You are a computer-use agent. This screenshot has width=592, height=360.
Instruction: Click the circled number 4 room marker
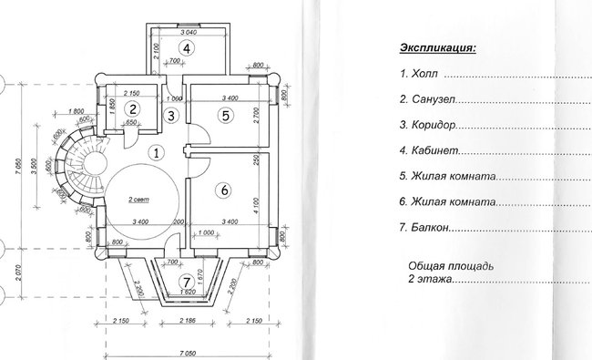pyautogui.click(x=186, y=48)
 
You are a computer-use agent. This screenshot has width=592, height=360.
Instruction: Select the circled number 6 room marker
pyautogui.click(x=224, y=190)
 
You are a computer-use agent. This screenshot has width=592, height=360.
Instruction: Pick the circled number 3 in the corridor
pyautogui.click(x=171, y=115)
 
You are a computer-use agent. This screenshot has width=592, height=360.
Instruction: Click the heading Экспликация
pyautogui.click(x=438, y=46)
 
